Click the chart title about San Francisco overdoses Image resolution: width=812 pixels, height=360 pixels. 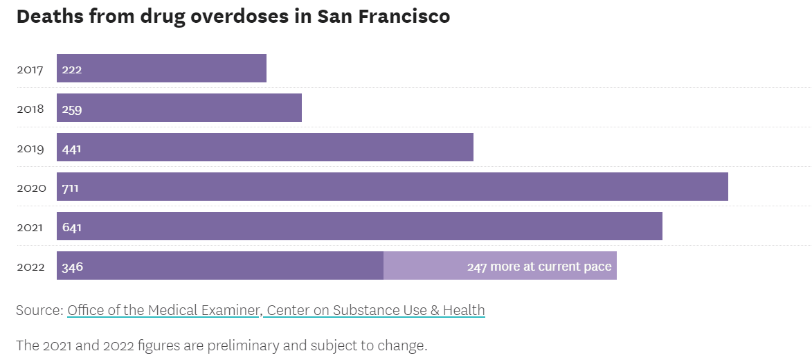[233, 17]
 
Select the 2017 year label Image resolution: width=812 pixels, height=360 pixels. [30, 69]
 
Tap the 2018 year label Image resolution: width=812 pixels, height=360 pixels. [30, 109]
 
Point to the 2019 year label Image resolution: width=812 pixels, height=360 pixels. [30, 148]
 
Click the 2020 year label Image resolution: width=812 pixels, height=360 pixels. [31, 188]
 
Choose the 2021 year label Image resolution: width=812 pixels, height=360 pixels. [30, 227]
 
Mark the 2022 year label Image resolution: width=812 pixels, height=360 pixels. [30, 267]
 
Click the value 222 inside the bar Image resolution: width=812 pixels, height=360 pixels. [72, 69]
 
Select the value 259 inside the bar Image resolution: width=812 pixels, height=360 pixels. [72, 109]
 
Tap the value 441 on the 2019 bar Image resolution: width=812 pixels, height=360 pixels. [71, 148]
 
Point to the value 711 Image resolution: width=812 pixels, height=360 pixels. [70, 188]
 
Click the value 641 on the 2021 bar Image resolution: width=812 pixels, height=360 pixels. [71, 227]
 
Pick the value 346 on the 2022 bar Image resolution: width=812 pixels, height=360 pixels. [72, 267]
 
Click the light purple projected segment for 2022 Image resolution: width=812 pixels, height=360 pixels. [422, 266]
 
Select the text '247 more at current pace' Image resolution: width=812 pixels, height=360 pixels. [539, 267]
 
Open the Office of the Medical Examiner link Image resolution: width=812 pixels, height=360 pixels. [163, 310]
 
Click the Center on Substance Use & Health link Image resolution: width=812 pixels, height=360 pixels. [376, 310]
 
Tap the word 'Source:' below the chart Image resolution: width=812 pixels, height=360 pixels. [39, 310]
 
